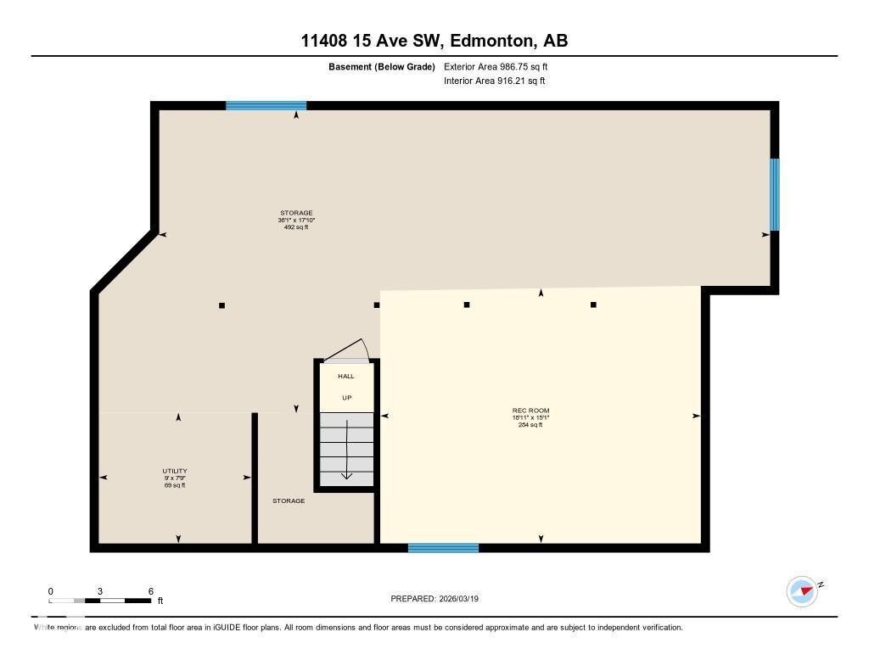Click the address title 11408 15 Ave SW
coord(434,40)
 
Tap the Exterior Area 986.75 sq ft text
coord(502,66)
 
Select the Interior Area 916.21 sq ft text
coord(494,81)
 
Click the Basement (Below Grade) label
coord(382,66)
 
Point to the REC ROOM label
coord(530,411)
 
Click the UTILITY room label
coord(175,471)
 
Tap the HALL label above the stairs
coord(346,376)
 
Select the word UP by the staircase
coord(346,397)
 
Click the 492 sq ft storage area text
coord(296,227)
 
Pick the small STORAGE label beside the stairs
coord(289,501)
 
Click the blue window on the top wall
coord(266,106)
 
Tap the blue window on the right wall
coord(774,194)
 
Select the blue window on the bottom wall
coord(443,548)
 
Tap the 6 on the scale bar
coord(150,591)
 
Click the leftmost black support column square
coord(222,305)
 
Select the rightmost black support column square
coord(593,305)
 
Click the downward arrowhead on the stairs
coord(346,475)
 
